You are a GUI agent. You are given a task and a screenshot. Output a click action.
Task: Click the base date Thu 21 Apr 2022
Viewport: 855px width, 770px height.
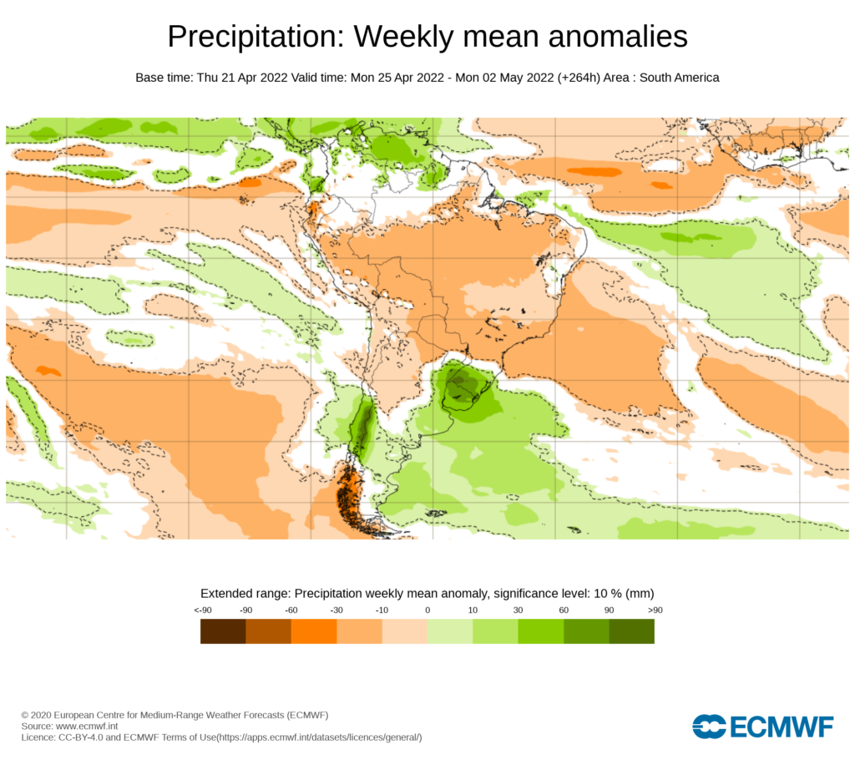pyautogui.click(x=242, y=78)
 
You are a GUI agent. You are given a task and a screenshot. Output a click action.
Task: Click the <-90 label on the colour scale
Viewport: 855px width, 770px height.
pyautogui.click(x=201, y=610)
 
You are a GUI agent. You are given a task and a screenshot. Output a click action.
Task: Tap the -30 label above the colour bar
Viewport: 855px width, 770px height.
pyautogui.click(x=336, y=610)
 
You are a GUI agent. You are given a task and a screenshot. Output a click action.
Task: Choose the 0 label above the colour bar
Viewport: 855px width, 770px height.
pyautogui.click(x=427, y=610)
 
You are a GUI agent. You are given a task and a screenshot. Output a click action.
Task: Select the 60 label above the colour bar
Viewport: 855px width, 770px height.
pyautogui.click(x=564, y=610)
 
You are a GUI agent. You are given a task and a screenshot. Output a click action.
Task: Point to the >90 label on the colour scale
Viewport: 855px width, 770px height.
pyautogui.click(x=654, y=610)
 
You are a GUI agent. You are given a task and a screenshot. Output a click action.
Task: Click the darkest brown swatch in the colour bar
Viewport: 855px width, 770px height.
pyautogui.click(x=223, y=631)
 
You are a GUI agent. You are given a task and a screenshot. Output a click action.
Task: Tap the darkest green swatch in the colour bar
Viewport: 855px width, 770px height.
pyautogui.click(x=631, y=631)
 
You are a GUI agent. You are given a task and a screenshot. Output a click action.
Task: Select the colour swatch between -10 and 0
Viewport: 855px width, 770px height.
pyautogui.click(x=405, y=631)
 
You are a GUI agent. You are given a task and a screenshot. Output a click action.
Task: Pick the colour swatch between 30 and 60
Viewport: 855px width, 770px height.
pyautogui.click(x=541, y=631)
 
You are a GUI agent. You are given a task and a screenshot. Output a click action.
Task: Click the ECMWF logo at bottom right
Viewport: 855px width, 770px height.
pyautogui.click(x=762, y=727)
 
